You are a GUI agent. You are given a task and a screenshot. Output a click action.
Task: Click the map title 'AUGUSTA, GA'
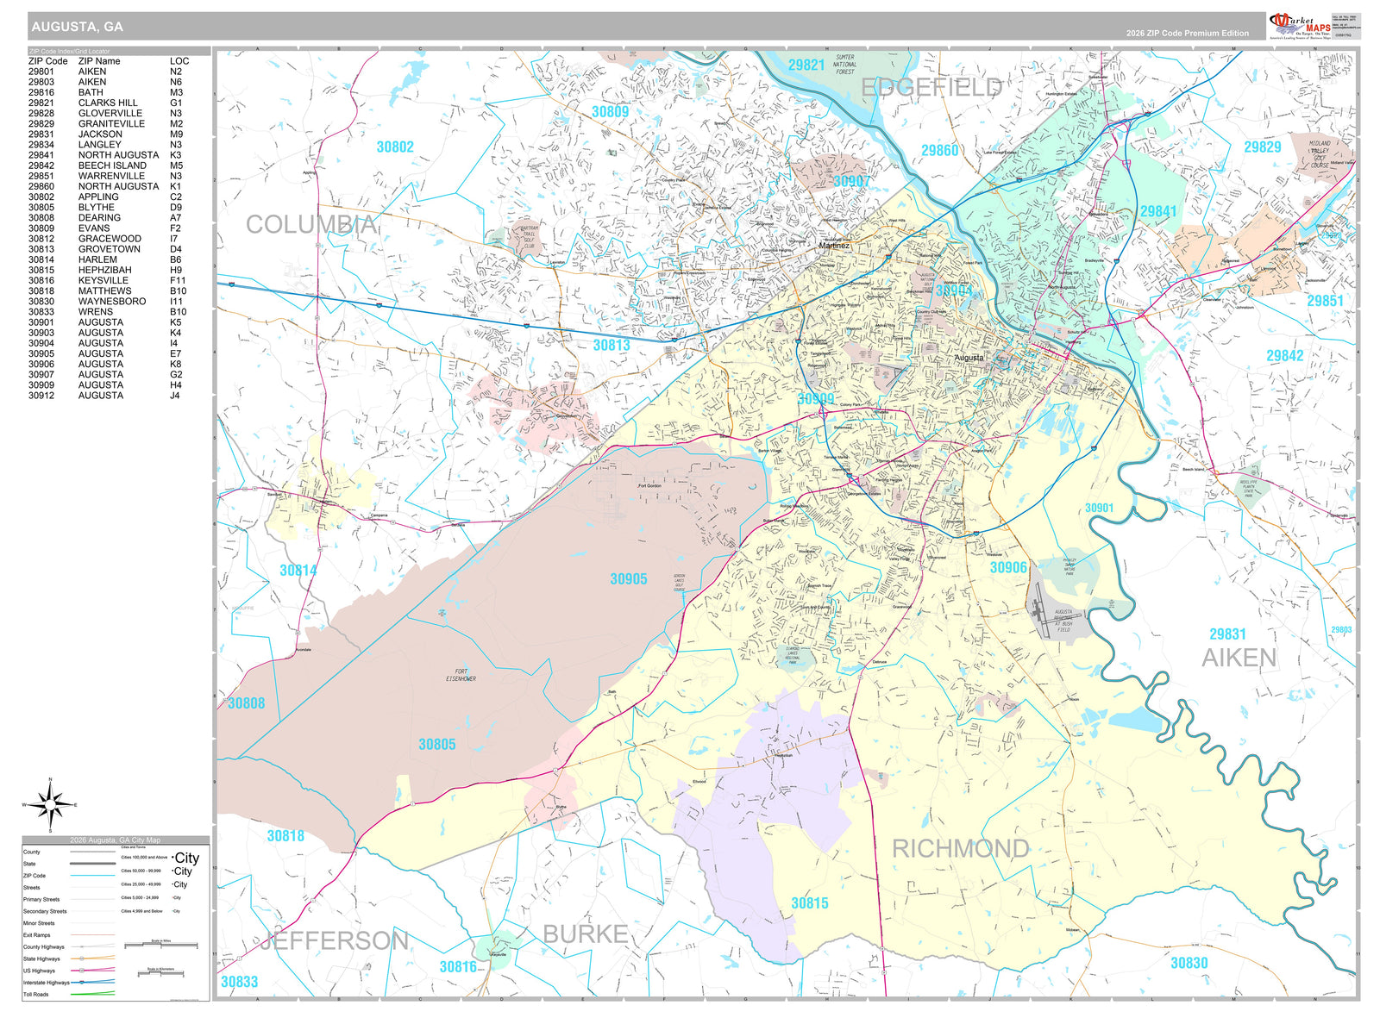pyautogui.click(x=77, y=27)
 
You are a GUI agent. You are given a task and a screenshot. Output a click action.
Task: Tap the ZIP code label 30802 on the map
pyautogui.click(x=395, y=147)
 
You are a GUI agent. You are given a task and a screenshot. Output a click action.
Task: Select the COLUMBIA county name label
pyautogui.click(x=311, y=225)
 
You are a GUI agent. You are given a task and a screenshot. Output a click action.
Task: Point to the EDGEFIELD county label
pyautogui.click(x=931, y=87)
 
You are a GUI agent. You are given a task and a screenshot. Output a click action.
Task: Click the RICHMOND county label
pyautogui.click(x=960, y=849)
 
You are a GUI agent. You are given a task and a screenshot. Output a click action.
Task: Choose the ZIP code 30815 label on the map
pyautogui.click(x=810, y=903)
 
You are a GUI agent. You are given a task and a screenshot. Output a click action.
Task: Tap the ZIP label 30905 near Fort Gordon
pyautogui.click(x=628, y=579)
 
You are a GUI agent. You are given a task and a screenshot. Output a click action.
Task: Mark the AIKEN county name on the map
pyautogui.click(x=1239, y=659)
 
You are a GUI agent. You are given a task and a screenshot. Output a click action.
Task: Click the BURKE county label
pyautogui.click(x=585, y=934)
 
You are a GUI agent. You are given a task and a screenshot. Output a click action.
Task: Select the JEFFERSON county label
pyautogui.click(x=335, y=940)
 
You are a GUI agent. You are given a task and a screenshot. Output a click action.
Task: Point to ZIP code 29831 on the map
pyautogui.click(x=1227, y=634)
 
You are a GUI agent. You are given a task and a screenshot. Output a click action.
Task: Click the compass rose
pyautogui.click(x=51, y=805)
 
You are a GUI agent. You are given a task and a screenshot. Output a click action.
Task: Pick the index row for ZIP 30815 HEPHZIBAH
pyautogui.click(x=103, y=270)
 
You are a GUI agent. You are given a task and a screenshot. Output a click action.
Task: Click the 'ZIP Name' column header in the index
pyautogui.click(x=99, y=61)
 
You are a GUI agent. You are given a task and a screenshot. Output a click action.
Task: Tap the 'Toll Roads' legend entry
pyautogui.click(x=36, y=994)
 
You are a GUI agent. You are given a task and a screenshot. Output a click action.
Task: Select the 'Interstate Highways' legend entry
pyautogui.click(x=46, y=982)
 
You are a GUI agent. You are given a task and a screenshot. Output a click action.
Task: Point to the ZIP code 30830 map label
pyautogui.click(x=1189, y=963)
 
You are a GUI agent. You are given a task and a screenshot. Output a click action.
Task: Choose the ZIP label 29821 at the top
pyautogui.click(x=806, y=66)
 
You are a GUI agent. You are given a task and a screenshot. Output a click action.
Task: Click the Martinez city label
pyautogui.click(x=834, y=246)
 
